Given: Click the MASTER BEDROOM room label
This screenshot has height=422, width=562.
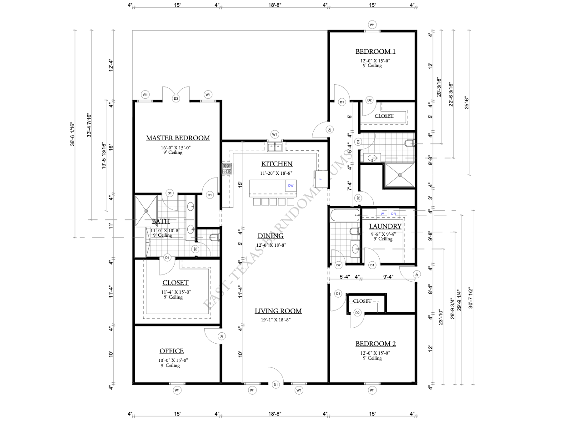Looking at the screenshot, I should pyautogui.click(x=177, y=138).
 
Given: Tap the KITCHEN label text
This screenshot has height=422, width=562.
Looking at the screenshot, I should pyautogui.click(x=276, y=164).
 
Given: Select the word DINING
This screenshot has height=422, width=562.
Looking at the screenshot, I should pyautogui.click(x=271, y=236).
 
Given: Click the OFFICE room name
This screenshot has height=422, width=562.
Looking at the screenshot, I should pyautogui.click(x=171, y=351).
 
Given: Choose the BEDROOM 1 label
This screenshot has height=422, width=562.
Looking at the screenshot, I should pyautogui.click(x=372, y=51).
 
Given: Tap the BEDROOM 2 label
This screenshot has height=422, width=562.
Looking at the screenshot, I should pyautogui.click(x=372, y=344).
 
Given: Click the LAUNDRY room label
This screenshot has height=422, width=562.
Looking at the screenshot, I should pyautogui.click(x=385, y=226).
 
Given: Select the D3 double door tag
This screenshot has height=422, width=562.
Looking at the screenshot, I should pyautogui.click(x=176, y=98).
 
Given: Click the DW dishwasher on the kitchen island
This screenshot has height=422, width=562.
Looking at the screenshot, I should pyautogui.click(x=291, y=186).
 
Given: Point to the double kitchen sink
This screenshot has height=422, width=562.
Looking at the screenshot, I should pyautogui.click(x=275, y=147).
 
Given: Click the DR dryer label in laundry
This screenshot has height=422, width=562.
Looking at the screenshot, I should pyautogui.click(x=393, y=214).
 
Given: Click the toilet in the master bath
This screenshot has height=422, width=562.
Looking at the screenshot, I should pyautogui.click(x=214, y=237).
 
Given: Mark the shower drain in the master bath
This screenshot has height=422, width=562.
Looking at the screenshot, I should pyautogui.click(x=146, y=210).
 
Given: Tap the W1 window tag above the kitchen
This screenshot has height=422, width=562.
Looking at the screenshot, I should pyautogui.click(x=275, y=134).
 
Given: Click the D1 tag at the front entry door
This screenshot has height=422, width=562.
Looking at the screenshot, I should pyautogui.click(x=276, y=385).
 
